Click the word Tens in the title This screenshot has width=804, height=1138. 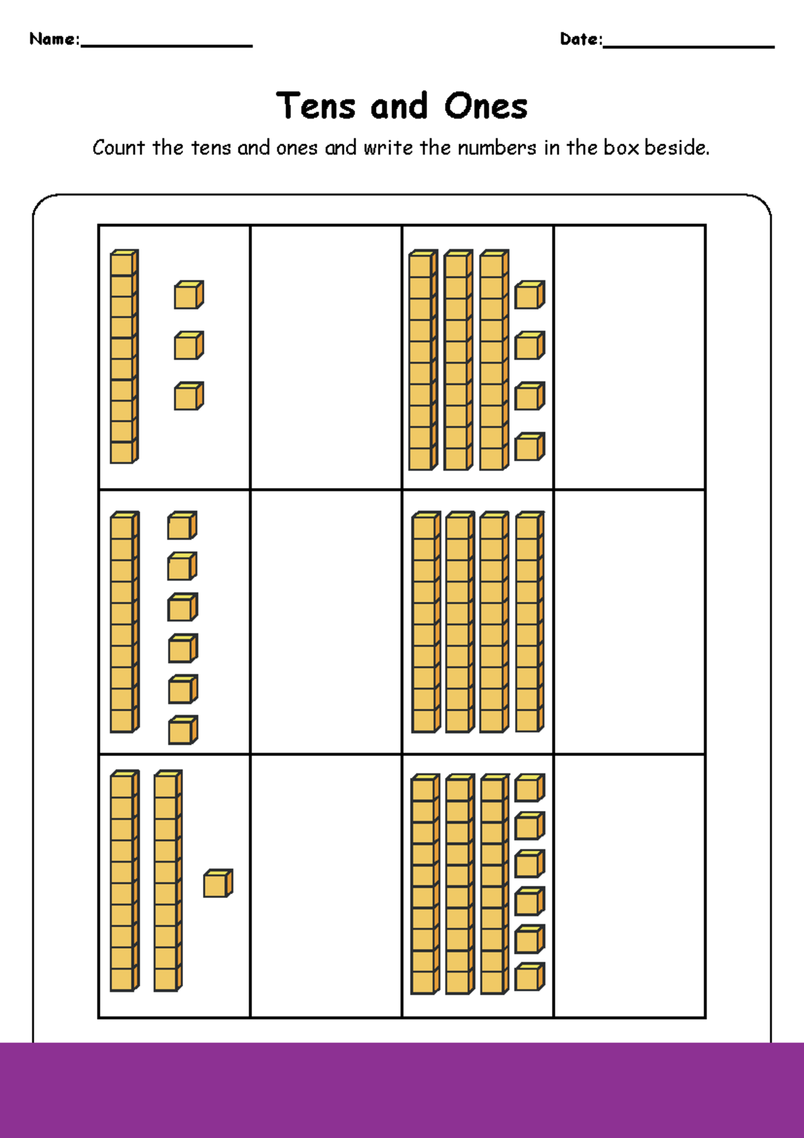tap(316, 106)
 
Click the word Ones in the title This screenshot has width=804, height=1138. tap(486, 106)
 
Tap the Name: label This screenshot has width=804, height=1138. tap(54, 39)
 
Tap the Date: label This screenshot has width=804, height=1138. tap(581, 39)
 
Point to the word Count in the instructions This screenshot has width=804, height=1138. tap(119, 147)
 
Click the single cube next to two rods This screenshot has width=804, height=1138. tap(218, 883)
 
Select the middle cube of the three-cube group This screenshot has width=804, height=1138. tap(188, 345)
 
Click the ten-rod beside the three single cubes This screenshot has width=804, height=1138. tap(124, 357)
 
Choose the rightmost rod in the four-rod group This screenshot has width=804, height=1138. tap(529, 622)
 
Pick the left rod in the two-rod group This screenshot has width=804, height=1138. tap(124, 881)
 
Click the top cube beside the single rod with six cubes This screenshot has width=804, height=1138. tap(182, 525)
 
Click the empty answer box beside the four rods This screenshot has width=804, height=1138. tap(629, 622)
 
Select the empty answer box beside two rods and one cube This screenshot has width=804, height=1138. tap(326, 886)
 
